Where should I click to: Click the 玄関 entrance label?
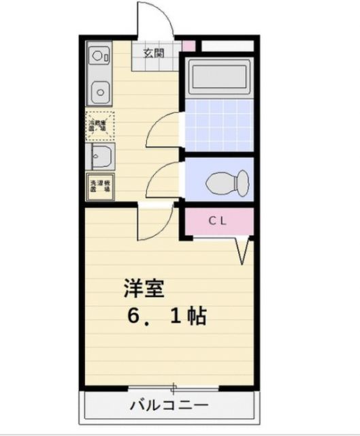pos(153,52)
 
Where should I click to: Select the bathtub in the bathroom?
pos(219,78)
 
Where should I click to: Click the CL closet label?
pos(218,220)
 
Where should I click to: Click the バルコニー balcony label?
pos(169,406)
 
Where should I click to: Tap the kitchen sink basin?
pos(101,89)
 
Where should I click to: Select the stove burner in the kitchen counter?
pos(98,54)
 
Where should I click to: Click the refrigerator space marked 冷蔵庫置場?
pos(100,126)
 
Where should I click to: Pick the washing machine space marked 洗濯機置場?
pos(100,186)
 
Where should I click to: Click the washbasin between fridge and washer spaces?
pos(101,158)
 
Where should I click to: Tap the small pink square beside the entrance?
pos(189,46)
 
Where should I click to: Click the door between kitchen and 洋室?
pos(153,221)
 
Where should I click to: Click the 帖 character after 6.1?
pos(196,316)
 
